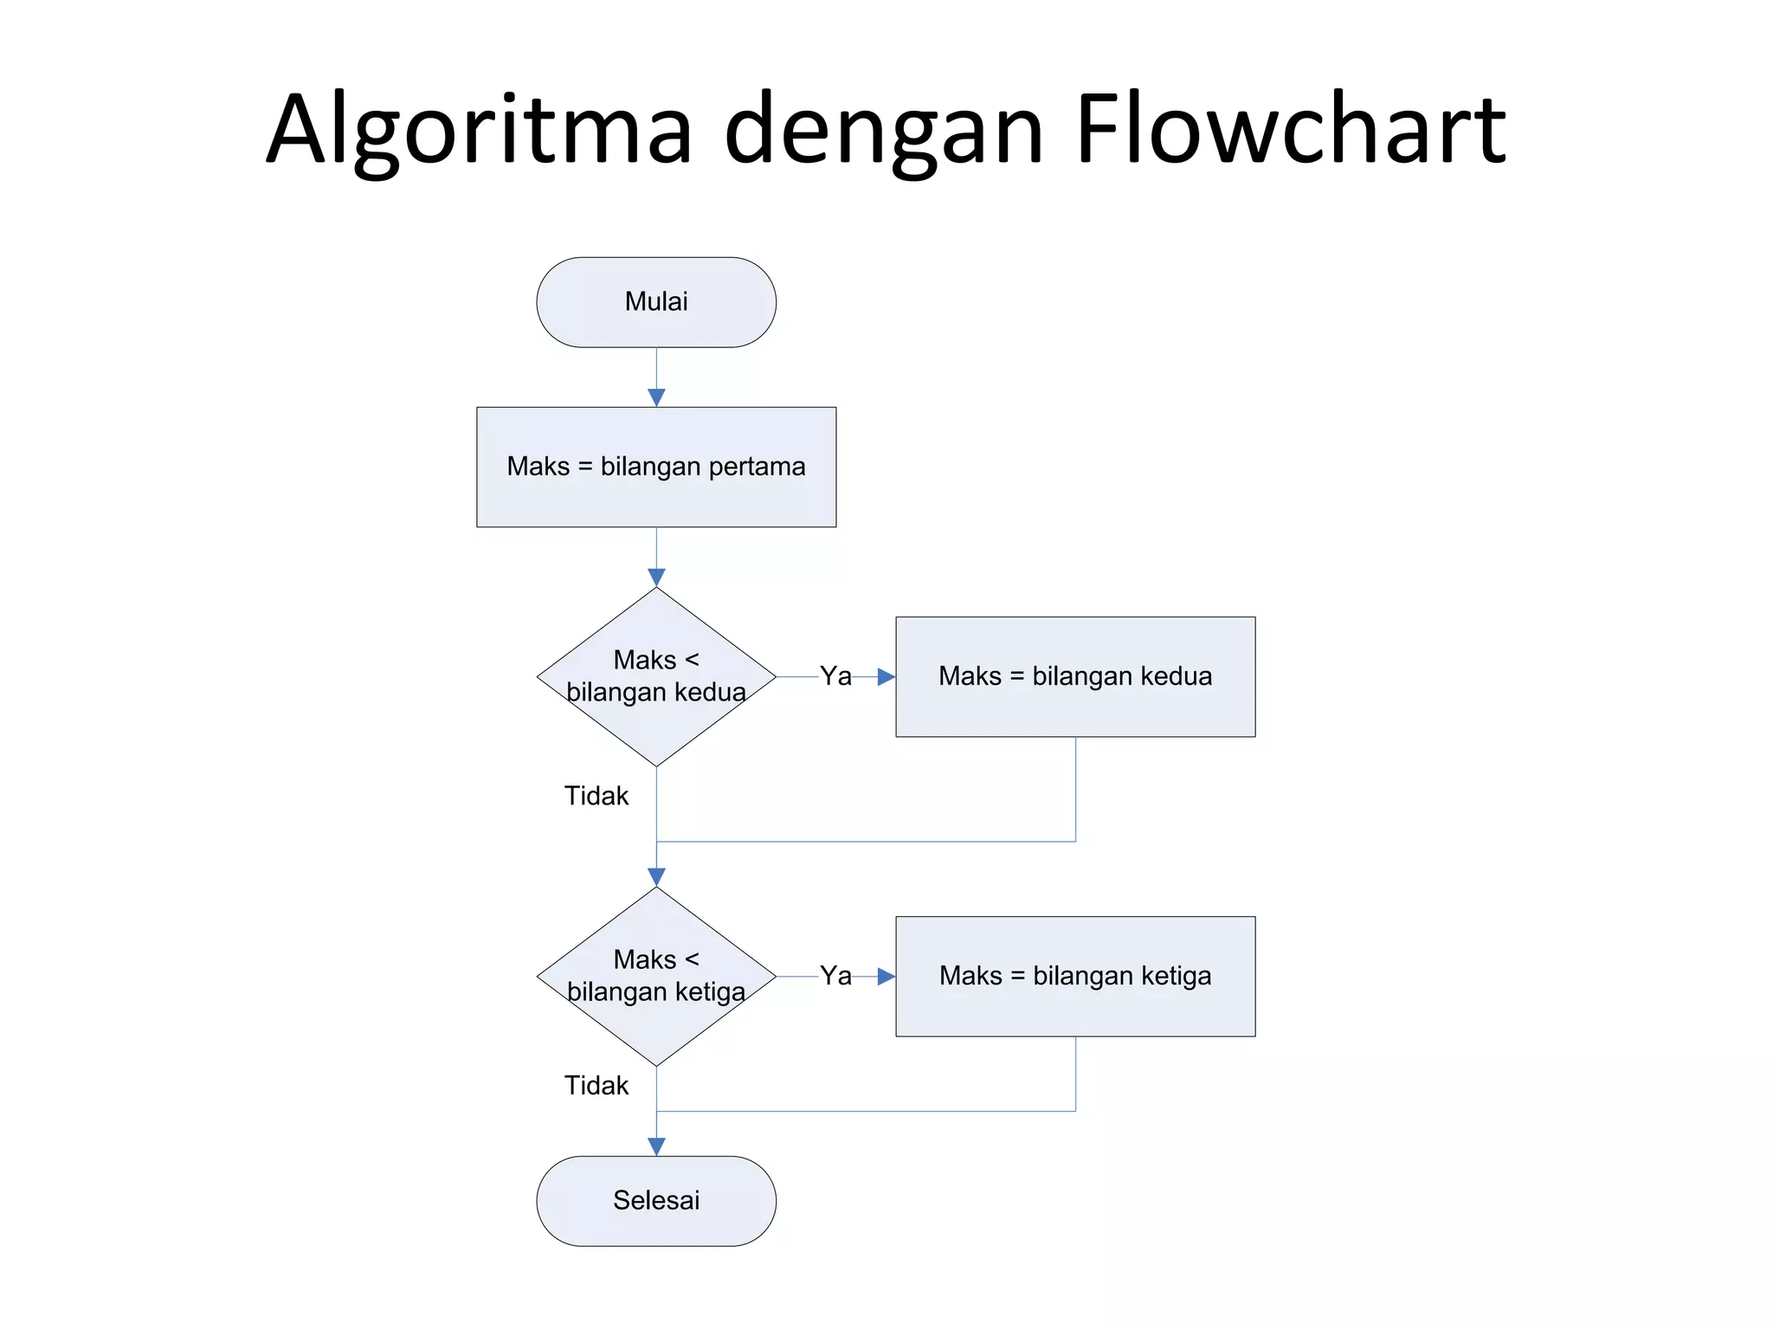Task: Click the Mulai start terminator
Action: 656,302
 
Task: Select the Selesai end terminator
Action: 656,1200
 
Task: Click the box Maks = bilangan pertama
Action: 656,467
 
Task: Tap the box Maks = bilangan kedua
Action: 1075,676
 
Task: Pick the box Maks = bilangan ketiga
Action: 1075,976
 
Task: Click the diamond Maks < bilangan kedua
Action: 656,676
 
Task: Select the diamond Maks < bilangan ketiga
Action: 656,976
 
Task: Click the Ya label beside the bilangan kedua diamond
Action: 835,676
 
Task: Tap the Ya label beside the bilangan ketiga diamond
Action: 835,976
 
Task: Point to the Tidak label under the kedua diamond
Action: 596,796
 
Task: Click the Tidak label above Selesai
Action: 596,1085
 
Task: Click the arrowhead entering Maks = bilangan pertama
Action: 656,397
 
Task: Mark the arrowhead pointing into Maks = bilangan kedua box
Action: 886,676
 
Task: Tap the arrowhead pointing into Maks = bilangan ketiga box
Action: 886,976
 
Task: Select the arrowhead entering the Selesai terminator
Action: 656,1146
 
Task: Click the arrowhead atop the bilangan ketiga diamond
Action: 656,876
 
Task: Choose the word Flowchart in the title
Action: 1290,130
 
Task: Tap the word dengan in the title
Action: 883,130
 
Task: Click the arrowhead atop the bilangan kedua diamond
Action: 656,577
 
